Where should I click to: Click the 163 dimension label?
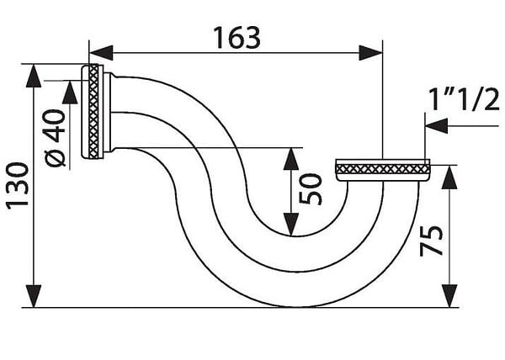coord(237,38)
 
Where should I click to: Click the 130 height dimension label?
coord(18,186)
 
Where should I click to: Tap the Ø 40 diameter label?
coord(55,138)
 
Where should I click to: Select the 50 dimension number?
coord(310,189)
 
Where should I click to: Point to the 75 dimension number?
coord(432,241)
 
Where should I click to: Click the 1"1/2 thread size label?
coord(464,99)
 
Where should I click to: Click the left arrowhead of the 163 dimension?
coord(101,53)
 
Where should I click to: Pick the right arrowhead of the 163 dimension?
coord(370,53)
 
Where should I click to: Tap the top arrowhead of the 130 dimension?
coord(34,76)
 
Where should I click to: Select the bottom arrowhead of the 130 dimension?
coord(34,296)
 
